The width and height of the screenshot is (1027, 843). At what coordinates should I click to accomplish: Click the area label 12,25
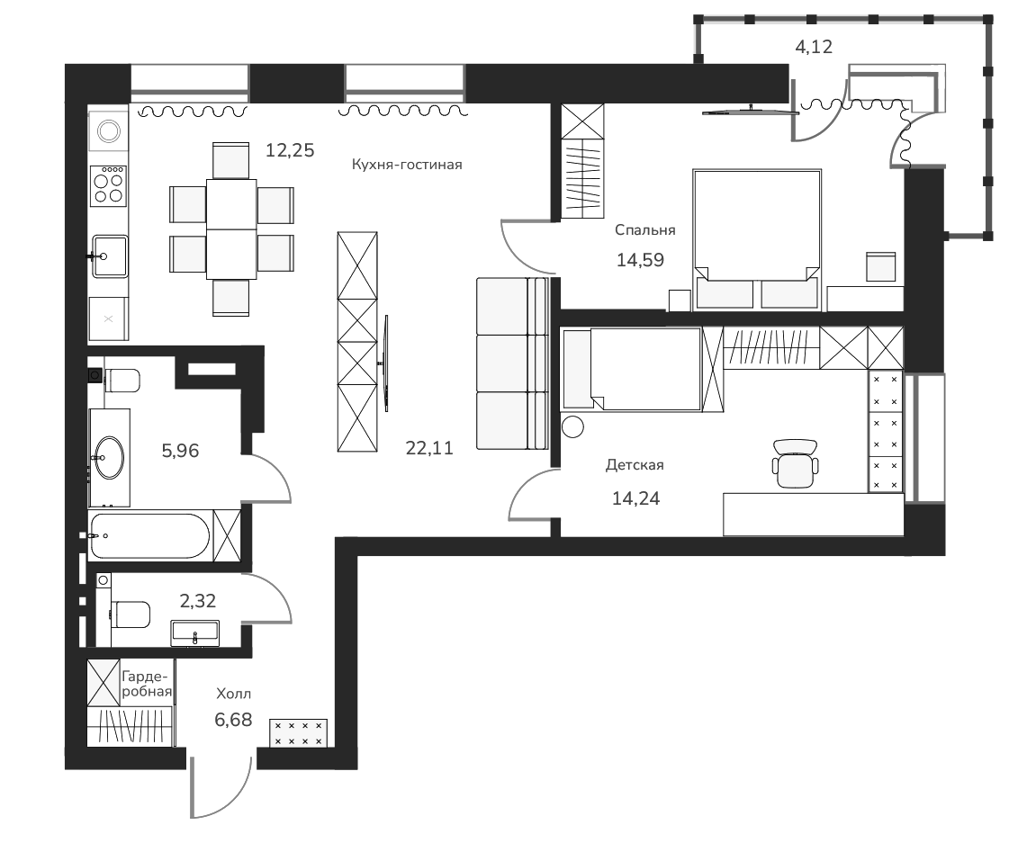click(290, 150)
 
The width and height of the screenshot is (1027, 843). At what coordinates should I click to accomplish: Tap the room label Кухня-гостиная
click(406, 165)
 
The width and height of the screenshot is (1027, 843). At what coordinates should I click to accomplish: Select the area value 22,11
click(429, 447)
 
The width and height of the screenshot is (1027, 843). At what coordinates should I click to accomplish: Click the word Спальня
click(644, 230)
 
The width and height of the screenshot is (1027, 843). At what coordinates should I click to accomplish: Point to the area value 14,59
click(641, 261)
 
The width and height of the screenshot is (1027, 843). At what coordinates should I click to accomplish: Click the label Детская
click(635, 465)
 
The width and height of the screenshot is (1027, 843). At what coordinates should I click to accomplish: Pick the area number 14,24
click(635, 498)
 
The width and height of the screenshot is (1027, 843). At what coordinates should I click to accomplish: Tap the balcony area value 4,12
click(815, 46)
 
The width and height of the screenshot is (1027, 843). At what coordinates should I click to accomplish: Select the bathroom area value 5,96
click(180, 450)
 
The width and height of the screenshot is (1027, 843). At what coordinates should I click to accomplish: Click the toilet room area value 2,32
click(198, 601)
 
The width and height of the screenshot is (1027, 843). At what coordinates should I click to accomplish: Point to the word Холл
click(234, 694)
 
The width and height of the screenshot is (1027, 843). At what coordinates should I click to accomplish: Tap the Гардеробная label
click(146, 683)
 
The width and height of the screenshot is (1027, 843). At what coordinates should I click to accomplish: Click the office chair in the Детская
click(796, 462)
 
